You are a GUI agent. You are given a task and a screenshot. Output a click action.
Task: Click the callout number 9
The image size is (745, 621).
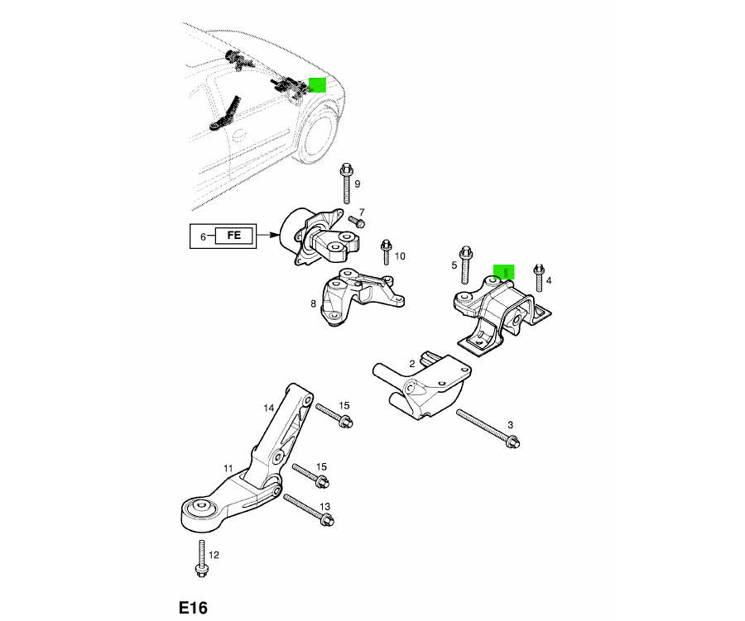coord(358,184)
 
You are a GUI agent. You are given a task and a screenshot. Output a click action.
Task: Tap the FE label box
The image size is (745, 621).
coord(233,236)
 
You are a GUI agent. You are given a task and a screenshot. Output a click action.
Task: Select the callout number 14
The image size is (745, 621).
coord(269,408)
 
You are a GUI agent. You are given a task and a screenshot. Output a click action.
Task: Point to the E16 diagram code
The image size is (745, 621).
coord(193,608)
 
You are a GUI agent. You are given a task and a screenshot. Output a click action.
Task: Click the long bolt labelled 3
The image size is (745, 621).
coord(488,429)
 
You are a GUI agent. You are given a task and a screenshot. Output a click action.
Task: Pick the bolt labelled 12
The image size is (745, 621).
coord(201,559)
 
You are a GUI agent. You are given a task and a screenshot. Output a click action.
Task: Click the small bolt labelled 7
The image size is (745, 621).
coord(356,221)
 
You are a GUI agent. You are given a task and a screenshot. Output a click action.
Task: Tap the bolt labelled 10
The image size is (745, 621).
coord(386,252)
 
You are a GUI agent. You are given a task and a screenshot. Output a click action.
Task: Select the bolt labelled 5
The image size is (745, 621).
coord(465,265)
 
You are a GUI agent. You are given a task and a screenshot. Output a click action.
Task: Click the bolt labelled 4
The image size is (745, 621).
coord(539,277)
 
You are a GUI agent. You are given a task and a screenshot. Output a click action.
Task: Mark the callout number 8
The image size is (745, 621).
coord(313,303)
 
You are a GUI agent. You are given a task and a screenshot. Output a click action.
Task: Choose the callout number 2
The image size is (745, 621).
coord(412,364)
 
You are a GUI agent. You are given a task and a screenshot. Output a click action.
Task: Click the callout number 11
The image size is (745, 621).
coord(228,469)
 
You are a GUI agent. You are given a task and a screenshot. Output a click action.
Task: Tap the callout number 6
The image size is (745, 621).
coord(203,237)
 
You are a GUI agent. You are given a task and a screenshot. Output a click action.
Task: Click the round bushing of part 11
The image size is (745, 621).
coord(199,508)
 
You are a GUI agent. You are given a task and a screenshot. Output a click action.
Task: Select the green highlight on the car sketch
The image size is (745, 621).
coord(317,85)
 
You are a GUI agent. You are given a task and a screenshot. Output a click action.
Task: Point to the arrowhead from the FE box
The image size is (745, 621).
coord(275,235)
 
